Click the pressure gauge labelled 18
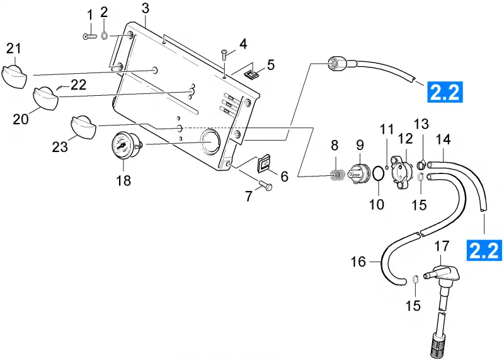[123, 146]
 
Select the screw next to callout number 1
[89, 37]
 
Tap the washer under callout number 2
[104, 36]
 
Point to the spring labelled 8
[338, 175]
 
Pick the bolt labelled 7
[265, 185]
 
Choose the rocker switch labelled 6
[265, 165]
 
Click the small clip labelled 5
[251, 75]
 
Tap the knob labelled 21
[14, 76]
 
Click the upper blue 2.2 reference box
[445, 92]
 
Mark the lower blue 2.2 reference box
[484, 250]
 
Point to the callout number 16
[358, 262]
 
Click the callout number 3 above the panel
[146, 8]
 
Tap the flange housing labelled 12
[402, 171]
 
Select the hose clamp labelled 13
[421, 165]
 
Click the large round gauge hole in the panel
[210, 141]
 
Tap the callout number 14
[444, 139]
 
